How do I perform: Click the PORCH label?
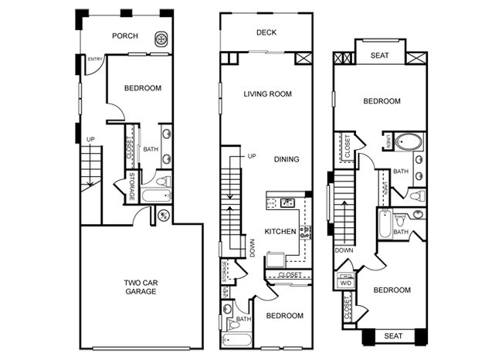[x=124, y=36]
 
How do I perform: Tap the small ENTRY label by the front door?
[x=96, y=59]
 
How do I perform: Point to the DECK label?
[x=267, y=32]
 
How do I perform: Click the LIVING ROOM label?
[x=266, y=94]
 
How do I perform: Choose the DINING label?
[x=287, y=159]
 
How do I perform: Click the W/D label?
[x=346, y=284]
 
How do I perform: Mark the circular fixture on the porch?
[x=161, y=36]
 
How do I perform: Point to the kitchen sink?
[x=286, y=203]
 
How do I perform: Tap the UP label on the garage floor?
[x=90, y=140]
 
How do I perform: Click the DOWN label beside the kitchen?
[x=253, y=248]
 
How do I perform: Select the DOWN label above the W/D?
[x=344, y=250]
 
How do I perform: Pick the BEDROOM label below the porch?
[x=143, y=88]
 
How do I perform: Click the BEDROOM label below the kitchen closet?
[x=285, y=315]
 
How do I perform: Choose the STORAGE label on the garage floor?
[x=132, y=188]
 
